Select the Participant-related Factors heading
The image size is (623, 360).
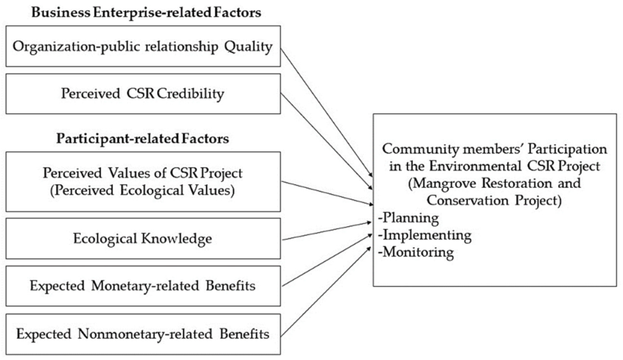[142, 139]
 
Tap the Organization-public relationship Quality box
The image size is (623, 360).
[142, 46]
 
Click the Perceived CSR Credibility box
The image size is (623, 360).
[142, 94]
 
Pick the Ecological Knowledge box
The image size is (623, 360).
[142, 238]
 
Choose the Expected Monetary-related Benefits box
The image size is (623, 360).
[142, 286]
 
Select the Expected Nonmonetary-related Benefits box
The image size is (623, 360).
[142, 334]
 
